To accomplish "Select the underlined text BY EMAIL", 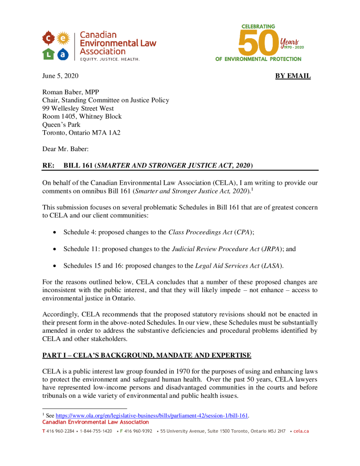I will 293,76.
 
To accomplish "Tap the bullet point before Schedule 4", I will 55,232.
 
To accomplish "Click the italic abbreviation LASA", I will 268,266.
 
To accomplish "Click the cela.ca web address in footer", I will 301,431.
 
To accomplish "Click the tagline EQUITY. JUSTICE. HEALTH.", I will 110,59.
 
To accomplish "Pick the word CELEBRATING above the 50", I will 258,26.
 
